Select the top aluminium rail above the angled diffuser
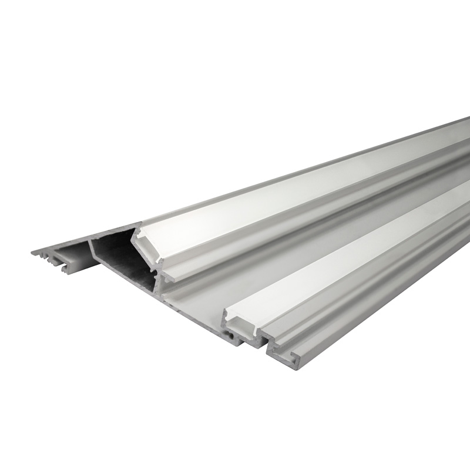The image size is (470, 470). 294,176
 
